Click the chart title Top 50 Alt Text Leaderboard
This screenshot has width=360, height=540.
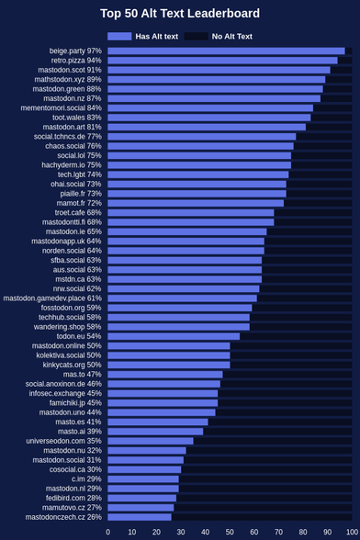[x=180, y=14]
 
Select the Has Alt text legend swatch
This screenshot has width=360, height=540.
[x=119, y=36]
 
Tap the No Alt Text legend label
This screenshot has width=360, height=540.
[x=231, y=36]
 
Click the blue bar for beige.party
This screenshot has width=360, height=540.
[x=226, y=51]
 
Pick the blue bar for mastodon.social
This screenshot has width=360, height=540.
[x=145, y=460]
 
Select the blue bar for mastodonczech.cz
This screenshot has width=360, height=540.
[x=140, y=517]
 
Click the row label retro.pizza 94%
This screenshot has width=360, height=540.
[x=76, y=61]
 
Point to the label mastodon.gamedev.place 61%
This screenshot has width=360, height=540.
[x=52, y=298]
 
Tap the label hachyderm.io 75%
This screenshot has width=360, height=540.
[x=72, y=165]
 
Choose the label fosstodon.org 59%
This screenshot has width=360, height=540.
[x=72, y=308]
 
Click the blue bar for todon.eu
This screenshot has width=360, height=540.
[x=174, y=336]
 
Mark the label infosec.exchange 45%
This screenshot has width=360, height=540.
[x=65, y=393]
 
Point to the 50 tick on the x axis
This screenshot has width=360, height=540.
[x=230, y=532]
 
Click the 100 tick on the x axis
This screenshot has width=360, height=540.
[x=352, y=532]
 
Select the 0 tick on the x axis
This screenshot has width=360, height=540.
[x=107, y=532]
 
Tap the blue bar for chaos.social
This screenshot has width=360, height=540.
[x=200, y=146]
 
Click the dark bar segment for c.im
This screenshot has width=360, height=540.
[x=265, y=479]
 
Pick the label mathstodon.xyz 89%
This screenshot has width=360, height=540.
[x=68, y=80]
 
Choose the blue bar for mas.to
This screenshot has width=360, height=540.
[x=165, y=375]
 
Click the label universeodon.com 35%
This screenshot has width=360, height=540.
[x=63, y=441]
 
